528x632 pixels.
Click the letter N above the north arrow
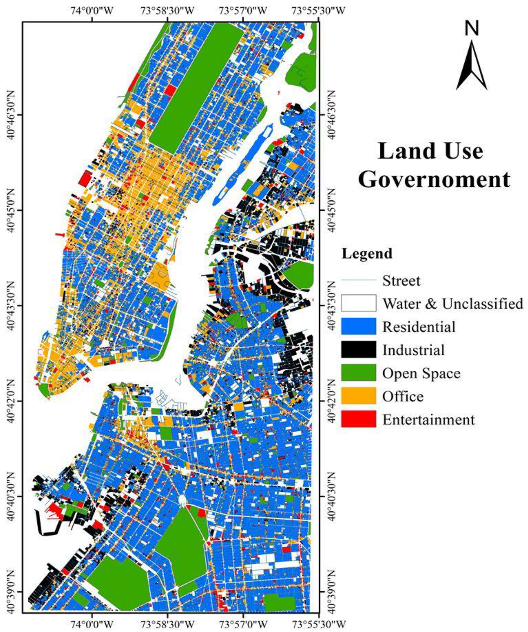pos(472,28)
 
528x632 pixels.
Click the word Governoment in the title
pos(434,180)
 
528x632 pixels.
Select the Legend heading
pos(367,254)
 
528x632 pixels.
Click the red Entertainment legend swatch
pos(358,419)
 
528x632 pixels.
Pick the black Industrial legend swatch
pos(358,350)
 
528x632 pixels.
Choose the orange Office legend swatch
pos(358,396)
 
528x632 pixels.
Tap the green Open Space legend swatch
pos(358,373)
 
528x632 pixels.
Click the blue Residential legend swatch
pos(358,327)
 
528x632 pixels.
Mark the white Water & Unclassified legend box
pos(358,303)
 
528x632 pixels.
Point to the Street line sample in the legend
pos(358,280)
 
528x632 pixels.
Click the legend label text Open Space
pos(421,373)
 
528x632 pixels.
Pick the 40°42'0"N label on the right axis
pos(331,401)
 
